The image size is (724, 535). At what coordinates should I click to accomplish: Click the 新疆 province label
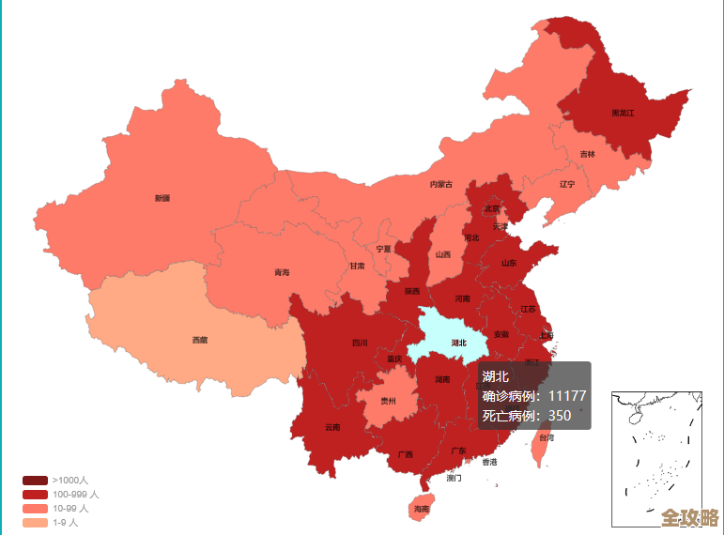click(162, 198)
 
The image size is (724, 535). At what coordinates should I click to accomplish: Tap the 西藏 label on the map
click(200, 340)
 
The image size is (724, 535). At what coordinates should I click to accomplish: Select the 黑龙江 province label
click(623, 113)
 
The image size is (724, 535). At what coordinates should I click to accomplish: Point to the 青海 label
click(282, 272)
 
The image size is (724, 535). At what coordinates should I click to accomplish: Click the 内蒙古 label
click(441, 184)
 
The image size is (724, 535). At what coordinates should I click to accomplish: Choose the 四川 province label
click(360, 343)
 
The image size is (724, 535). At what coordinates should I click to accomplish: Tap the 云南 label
click(332, 427)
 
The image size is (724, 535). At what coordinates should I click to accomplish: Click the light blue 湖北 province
click(449, 333)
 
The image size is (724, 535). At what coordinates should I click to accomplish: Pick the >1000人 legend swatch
click(35, 480)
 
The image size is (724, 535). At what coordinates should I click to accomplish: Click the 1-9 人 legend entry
click(65, 522)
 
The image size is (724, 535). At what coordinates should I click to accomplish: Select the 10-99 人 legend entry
click(70, 508)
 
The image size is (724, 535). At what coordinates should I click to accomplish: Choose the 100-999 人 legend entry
click(75, 494)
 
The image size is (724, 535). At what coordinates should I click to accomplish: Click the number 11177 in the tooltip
click(567, 396)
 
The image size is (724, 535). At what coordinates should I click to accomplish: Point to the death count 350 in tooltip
click(559, 416)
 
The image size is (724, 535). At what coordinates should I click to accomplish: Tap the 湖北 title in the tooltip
click(495, 376)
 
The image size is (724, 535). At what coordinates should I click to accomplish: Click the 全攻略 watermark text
click(689, 518)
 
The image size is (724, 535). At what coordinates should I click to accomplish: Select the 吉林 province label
click(587, 154)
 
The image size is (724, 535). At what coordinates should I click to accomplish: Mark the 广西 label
click(405, 454)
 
